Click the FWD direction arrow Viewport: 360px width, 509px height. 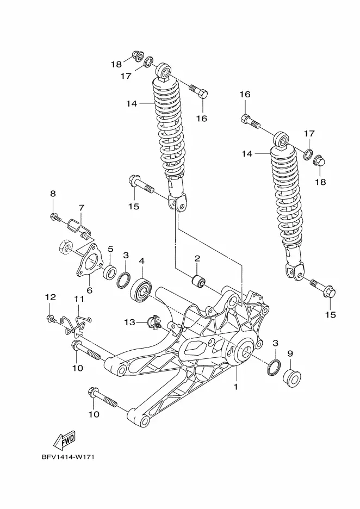(65, 440)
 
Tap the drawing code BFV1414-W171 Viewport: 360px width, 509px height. (67, 457)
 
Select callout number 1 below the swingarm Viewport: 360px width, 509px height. (236, 387)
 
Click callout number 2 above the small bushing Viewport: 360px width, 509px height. (197, 258)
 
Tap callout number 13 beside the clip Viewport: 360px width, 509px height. (129, 322)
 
